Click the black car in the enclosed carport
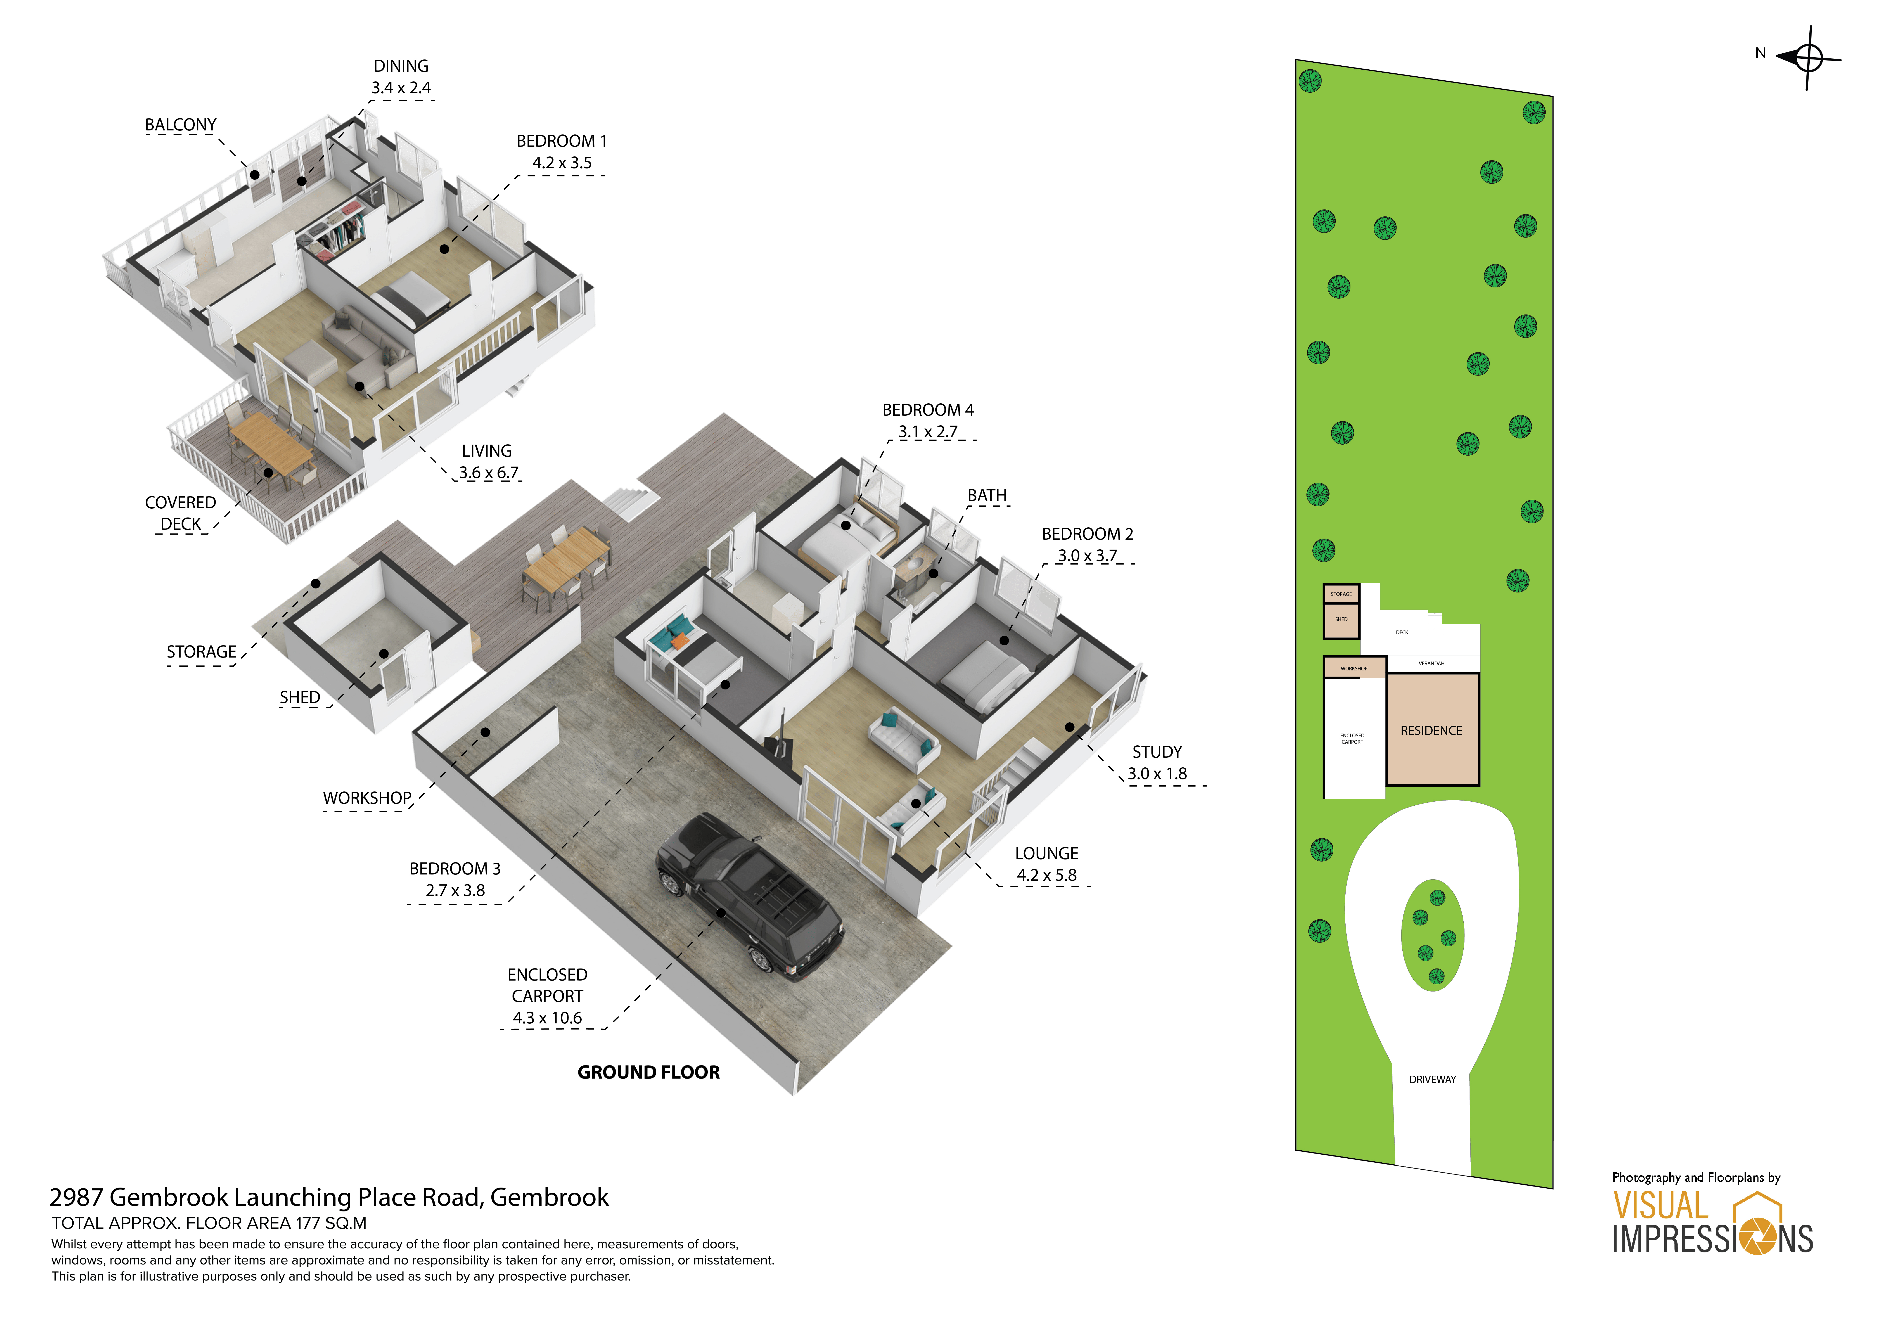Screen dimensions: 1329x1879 tap(749, 896)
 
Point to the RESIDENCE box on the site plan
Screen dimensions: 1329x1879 tap(1431, 730)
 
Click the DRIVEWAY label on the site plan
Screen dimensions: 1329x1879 tap(1432, 1079)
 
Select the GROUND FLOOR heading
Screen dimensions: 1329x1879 tap(648, 1072)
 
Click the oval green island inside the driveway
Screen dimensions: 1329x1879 tap(1432, 935)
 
